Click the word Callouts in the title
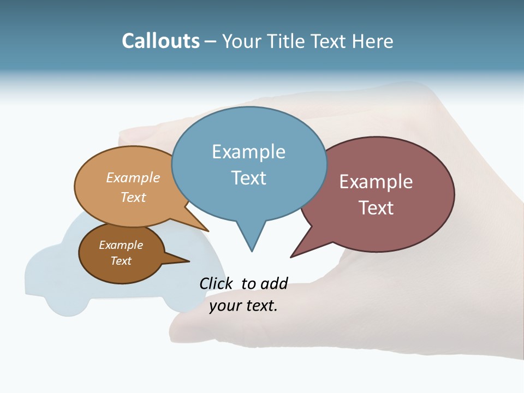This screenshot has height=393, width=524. pos(160,41)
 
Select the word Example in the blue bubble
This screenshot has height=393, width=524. pos(248,152)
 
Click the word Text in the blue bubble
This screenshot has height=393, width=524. pos(248,178)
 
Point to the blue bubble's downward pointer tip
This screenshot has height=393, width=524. pos(252,251)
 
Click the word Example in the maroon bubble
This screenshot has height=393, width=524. pos(376,182)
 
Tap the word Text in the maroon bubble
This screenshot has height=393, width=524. pos(376,208)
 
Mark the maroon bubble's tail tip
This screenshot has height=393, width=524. pos(291,257)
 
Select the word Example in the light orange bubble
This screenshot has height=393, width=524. pos(133,178)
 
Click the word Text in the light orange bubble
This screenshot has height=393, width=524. pos(133,197)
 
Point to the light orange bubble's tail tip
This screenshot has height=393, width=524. pos(208,231)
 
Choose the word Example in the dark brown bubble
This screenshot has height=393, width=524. pos(121,245)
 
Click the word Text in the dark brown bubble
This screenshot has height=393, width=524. pos(121,261)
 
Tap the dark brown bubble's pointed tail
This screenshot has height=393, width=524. pos(188,261)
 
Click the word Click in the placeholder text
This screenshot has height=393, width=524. pos(217,283)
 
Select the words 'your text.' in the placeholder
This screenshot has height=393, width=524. pos(243,306)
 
